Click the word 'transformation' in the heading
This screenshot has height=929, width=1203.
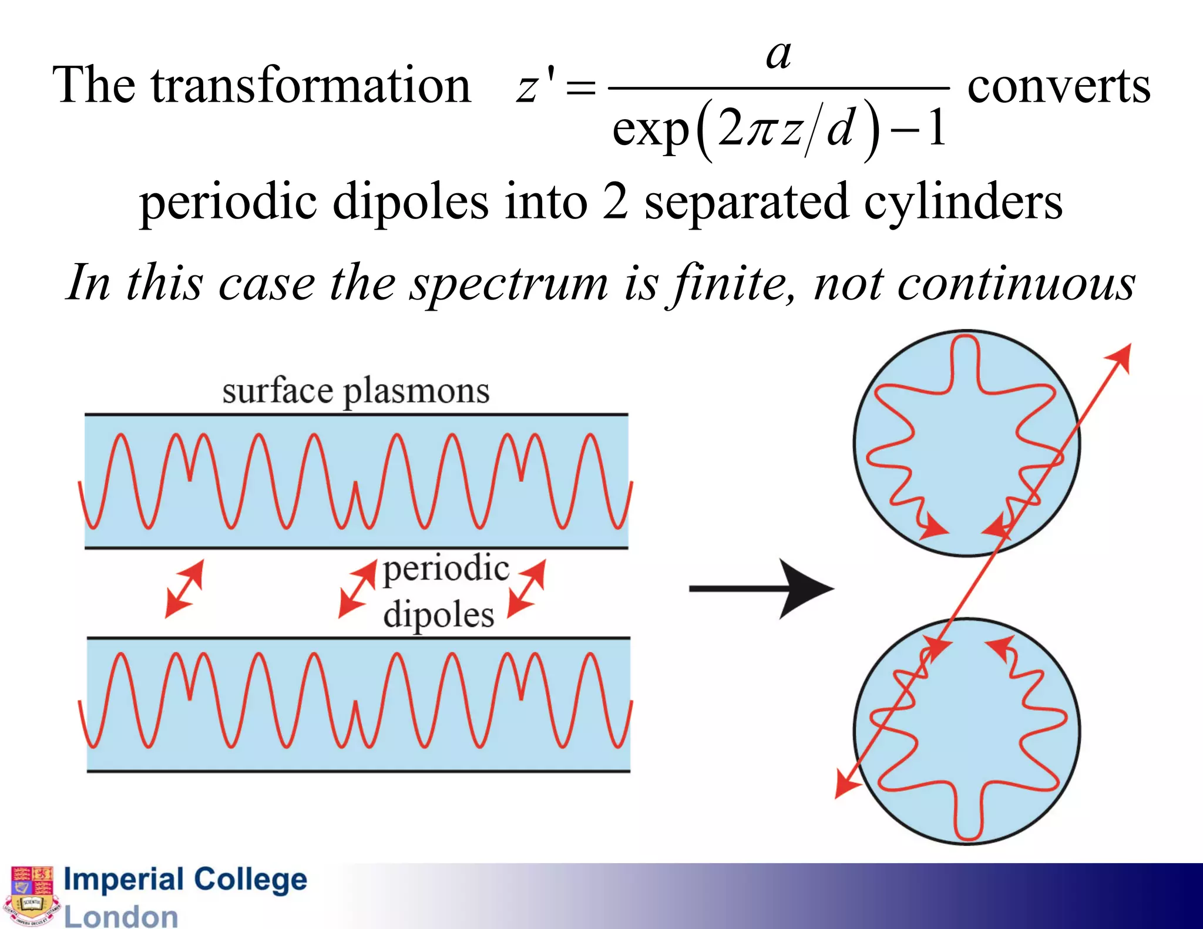pos(311,86)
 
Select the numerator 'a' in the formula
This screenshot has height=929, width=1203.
pos(779,56)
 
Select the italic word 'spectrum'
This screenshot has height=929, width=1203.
pos(509,284)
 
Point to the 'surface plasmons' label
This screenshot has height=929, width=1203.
pos(355,392)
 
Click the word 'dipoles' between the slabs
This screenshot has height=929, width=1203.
pos(438,615)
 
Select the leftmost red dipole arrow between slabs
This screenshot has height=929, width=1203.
pos(184,588)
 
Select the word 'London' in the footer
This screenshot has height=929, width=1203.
pos(120,917)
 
